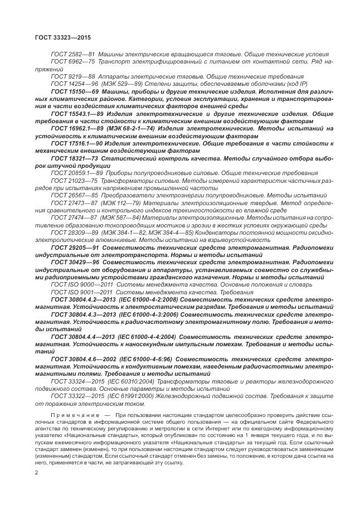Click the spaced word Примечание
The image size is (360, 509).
tap(75, 416)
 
